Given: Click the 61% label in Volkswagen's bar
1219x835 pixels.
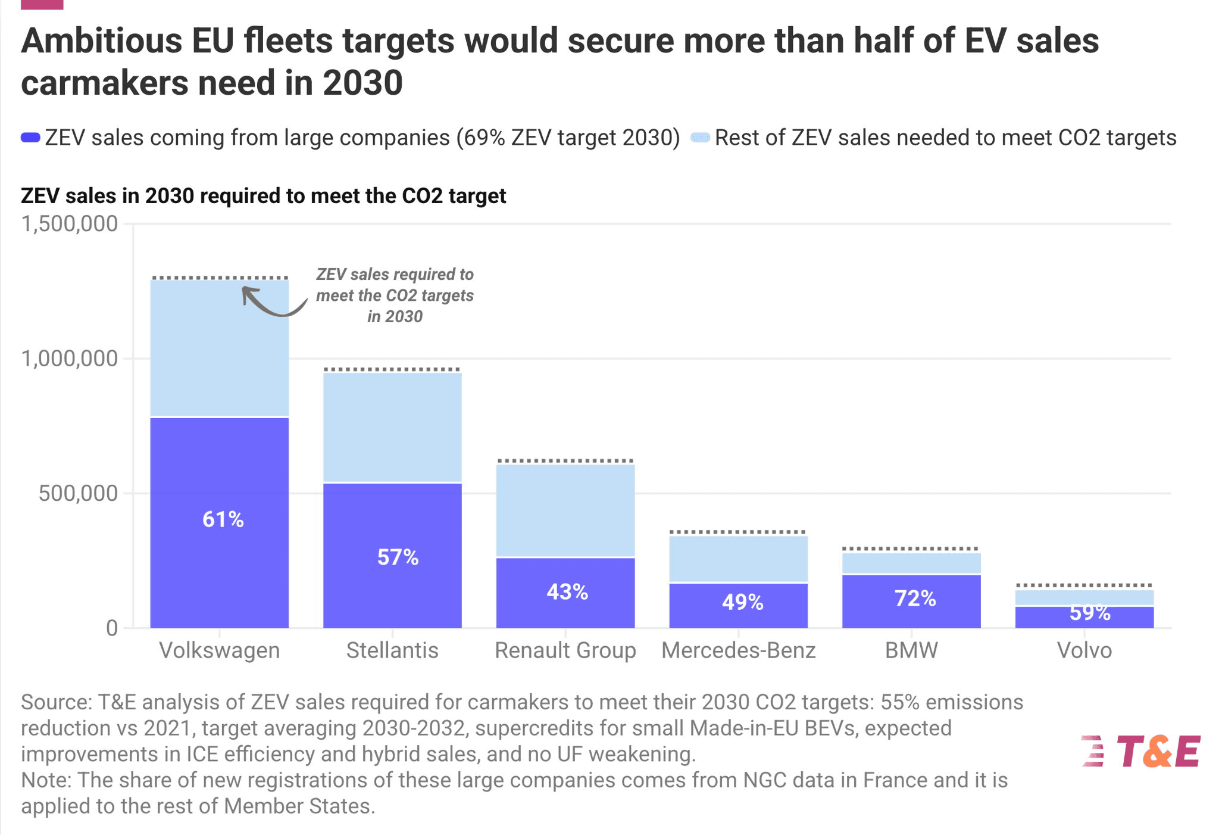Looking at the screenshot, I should (223, 519).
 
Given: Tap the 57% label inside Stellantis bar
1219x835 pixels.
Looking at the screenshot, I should (398, 557).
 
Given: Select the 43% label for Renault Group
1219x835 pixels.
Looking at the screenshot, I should (567, 592).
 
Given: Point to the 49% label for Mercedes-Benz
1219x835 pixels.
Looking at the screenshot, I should (742, 602).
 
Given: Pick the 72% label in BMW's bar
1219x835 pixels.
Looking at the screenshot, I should (915, 599).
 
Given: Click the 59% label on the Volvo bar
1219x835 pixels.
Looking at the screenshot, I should (1089, 613).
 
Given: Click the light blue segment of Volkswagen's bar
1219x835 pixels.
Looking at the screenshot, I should (220, 348).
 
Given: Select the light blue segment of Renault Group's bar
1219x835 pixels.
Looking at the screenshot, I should (565, 510).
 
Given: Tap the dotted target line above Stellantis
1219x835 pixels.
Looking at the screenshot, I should (392, 370).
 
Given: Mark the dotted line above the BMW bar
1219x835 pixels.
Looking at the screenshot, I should (911, 549).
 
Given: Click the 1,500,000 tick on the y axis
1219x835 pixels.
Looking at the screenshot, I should (69, 224).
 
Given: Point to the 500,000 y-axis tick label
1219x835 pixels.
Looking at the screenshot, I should (78, 494).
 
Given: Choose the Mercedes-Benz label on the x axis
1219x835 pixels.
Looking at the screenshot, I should (738, 650).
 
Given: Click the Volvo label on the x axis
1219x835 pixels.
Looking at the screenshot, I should (1084, 650).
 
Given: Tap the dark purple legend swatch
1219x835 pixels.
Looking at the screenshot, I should (30, 138).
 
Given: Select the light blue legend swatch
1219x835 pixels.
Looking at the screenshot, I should (700, 138).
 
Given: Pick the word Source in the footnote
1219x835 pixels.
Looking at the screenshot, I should (55, 702).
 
